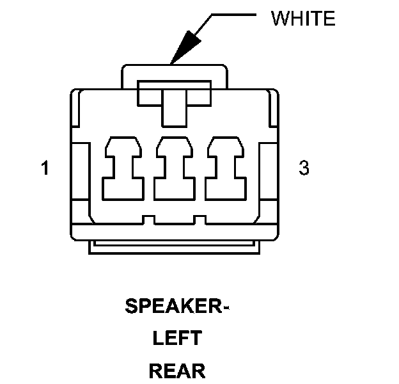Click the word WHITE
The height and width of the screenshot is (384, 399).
303,19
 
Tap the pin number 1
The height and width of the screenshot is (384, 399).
45,169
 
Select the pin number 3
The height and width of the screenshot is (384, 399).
304,169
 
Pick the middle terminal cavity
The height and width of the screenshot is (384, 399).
173,168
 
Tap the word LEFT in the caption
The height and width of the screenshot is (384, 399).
176,339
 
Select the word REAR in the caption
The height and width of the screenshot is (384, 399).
176,370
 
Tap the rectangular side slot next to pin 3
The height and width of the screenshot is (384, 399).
267,173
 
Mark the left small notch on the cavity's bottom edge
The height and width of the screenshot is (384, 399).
148,220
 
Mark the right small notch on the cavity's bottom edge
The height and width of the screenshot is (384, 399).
199,220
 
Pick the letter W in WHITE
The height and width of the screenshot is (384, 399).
279,19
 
